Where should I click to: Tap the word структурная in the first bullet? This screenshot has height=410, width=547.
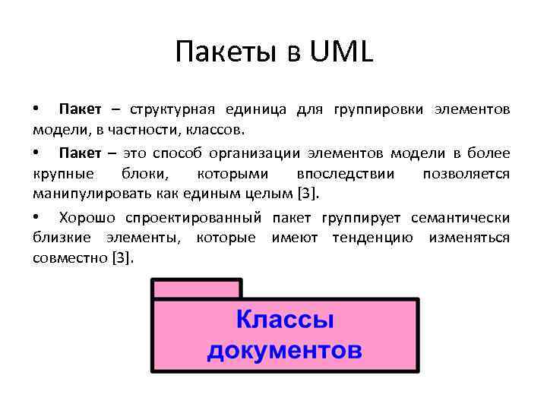(172, 110)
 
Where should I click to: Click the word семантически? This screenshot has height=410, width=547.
(460, 219)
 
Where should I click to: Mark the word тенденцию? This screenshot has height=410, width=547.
(372, 238)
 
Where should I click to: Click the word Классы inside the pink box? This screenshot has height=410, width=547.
(285, 320)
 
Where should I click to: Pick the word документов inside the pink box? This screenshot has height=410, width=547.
(285, 352)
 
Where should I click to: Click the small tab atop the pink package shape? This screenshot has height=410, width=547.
(197, 289)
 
